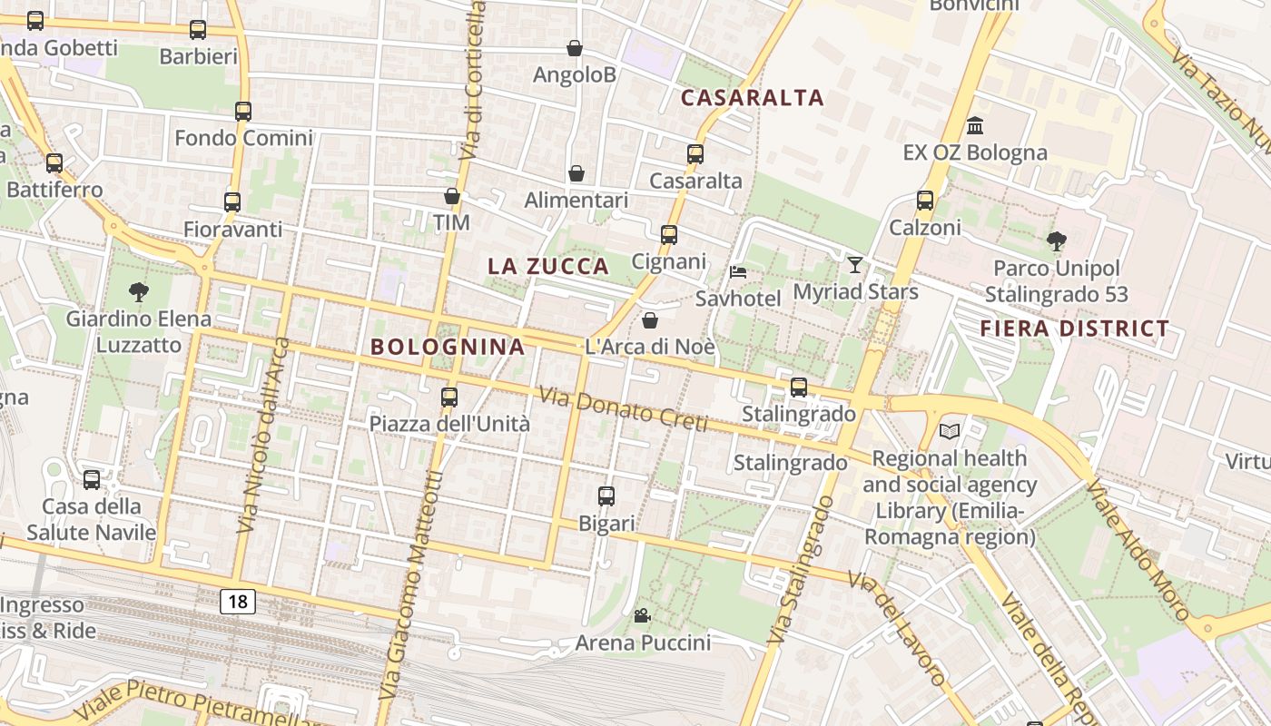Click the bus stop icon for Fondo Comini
tap(242, 112)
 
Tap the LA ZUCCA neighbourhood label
tap(547, 267)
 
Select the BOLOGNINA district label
tap(448, 347)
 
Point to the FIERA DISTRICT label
tap(1075, 329)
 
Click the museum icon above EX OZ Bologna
tap(975, 125)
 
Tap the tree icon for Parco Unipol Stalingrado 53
tap(1056, 241)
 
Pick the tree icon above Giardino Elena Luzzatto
tap(138, 292)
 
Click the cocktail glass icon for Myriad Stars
tap(855, 265)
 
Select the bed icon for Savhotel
tap(738, 272)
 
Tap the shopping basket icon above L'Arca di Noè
tap(650, 320)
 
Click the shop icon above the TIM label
tap(451, 196)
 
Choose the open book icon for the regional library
tap(950, 431)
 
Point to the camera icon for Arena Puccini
tap(642, 616)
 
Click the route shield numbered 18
tap(237, 601)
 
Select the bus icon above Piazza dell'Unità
tap(448, 397)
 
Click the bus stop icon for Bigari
tap(606, 496)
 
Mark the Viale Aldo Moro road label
tap(1138, 549)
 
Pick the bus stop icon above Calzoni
tap(925, 201)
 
